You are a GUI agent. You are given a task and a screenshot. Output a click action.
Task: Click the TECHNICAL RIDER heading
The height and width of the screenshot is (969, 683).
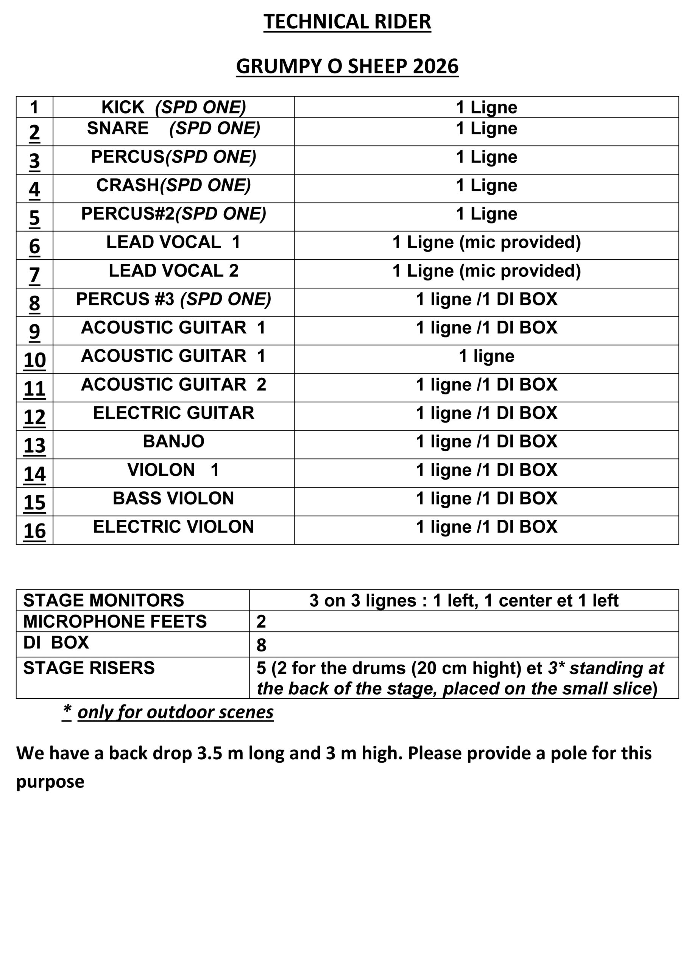(x=346, y=22)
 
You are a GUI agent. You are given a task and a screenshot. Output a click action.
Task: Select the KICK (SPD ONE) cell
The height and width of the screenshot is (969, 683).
(x=173, y=107)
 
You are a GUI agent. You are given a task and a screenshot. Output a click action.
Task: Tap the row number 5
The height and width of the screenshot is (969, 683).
(x=34, y=217)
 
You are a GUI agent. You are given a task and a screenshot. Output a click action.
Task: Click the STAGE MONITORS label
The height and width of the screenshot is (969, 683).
(x=103, y=600)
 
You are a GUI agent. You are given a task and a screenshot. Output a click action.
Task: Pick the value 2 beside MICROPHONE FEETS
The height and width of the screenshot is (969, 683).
(x=261, y=622)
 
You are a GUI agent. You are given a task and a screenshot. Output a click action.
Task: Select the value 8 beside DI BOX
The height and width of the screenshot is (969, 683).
(x=261, y=645)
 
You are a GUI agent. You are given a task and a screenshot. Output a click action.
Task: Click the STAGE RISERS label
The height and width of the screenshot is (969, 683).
(x=89, y=668)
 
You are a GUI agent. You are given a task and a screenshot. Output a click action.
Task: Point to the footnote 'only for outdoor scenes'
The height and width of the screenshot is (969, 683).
(x=175, y=712)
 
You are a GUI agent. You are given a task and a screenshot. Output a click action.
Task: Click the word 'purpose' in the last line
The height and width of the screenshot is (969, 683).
(x=50, y=782)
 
